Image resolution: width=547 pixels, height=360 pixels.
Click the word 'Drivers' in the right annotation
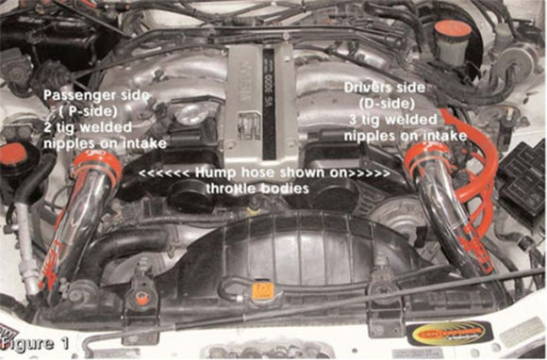[370, 86]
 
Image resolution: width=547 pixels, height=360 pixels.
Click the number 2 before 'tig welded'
[49, 127]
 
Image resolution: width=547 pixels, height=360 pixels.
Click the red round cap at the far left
[11, 153]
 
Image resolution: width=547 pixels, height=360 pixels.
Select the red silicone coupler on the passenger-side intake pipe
[97, 166]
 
